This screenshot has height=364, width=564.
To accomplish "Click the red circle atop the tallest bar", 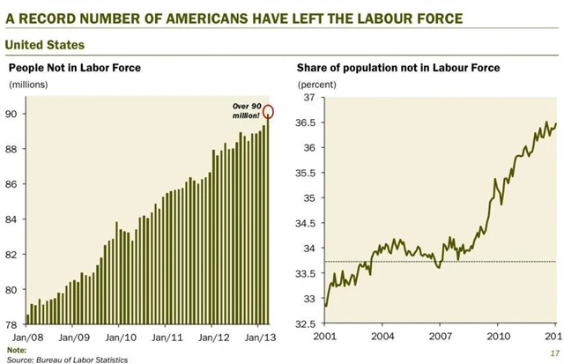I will coord(268,111).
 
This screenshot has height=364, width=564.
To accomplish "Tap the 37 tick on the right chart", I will coord(308,97).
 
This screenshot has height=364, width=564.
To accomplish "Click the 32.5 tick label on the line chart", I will coord(303,325).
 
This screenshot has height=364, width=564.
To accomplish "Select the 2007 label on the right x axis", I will coord(440,338).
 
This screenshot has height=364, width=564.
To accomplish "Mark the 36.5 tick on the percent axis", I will coord(303,123).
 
